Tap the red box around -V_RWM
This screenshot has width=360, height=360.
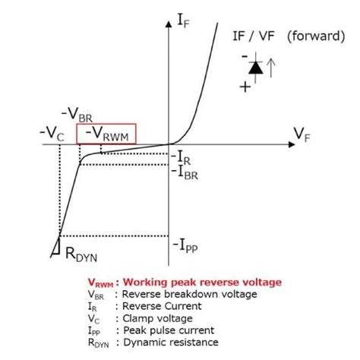(x=106, y=134)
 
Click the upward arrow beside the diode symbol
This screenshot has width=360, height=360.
(x=272, y=69)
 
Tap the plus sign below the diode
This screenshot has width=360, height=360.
(x=245, y=87)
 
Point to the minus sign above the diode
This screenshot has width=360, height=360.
(x=245, y=55)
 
